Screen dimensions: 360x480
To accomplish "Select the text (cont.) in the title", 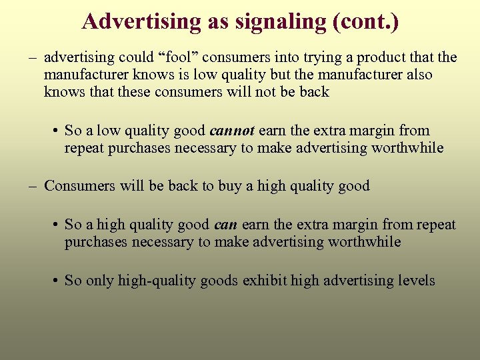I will (364, 22).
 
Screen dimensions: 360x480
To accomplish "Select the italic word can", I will (225, 225).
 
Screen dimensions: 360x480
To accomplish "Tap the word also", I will (415, 75).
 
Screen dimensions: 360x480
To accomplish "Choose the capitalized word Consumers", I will (81, 186).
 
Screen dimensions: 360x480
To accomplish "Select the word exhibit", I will (265, 281).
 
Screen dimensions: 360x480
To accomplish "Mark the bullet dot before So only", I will (56, 281).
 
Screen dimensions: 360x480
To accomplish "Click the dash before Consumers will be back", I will (32, 186).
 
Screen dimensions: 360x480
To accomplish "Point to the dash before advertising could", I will (32, 57).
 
